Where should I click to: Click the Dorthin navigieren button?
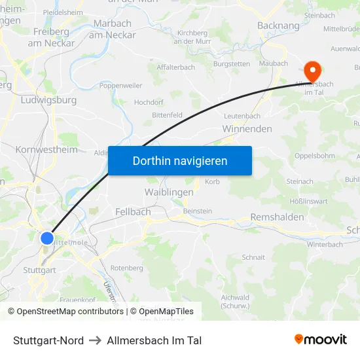pos(180,160)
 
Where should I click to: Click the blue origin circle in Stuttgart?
pos(47,238)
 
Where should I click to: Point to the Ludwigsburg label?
pos(49,100)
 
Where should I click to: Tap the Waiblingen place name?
pos(168,192)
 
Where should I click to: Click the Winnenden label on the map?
pos(247,129)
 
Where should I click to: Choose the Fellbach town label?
pos(133,211)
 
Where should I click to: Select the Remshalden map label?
pos(277,217)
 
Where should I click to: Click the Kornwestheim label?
pos(46,149)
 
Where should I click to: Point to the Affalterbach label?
pos(175,67)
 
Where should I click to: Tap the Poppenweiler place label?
pos(120,86)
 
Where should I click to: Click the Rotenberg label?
pos(126,268)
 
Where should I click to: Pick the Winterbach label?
pos(325,244)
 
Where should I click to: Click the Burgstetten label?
pos(232,64)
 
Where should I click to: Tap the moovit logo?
pos(321,340)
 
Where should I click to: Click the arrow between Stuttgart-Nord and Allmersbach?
pos(95,340)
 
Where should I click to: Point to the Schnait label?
pos(253,257)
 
